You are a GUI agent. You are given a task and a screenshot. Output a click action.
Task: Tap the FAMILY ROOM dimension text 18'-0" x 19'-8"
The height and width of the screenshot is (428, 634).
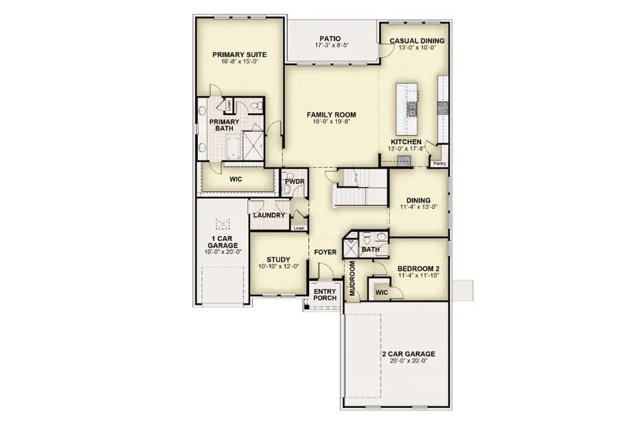(x=331, y=122)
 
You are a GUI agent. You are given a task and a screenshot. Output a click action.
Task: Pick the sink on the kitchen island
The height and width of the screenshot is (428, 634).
(x=412, y=108)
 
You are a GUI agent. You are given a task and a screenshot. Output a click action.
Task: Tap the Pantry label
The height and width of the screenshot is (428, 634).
(x=440, y=163)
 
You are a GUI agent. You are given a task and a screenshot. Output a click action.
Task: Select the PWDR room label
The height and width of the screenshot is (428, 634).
(x=294, y=183)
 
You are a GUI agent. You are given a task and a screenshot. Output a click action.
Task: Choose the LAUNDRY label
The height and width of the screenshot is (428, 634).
(x=269, y=215)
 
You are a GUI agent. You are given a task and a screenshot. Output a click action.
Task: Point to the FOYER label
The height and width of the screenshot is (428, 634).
(x=326, y=252)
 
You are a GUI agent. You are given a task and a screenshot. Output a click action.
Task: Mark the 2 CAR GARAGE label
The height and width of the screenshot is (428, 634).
(x=408, y=354)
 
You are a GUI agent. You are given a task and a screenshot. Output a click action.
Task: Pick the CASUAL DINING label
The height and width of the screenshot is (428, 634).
(x=417, y=41)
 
